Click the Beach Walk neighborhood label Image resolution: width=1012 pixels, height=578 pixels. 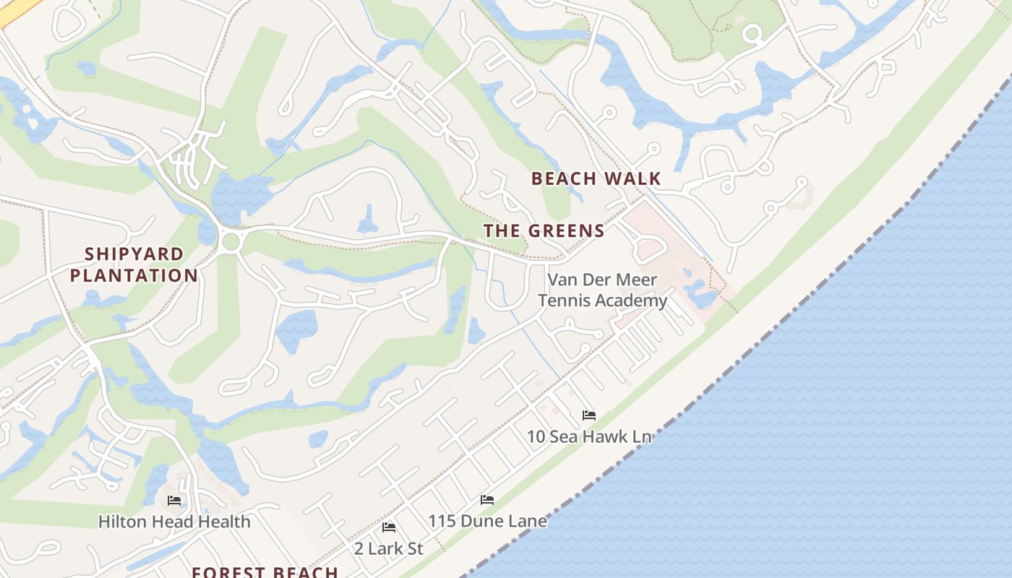pos(596,178)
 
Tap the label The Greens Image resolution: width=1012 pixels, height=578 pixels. pos(544,231)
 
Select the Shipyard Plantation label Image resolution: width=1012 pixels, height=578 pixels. pos(134,264)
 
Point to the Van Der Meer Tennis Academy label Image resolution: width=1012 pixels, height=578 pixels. pos(602,290)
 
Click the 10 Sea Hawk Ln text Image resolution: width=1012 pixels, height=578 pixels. pos(589,436)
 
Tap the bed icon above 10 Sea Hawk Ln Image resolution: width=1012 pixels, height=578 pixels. pos(589,415)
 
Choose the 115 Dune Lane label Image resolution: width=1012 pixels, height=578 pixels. pos(487,520)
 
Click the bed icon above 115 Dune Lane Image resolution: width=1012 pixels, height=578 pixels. pos(487,500)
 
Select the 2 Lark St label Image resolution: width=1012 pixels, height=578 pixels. pos(388,548)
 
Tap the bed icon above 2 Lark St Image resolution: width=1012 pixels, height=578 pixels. pos(388,527)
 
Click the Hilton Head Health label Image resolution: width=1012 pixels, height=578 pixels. pos(174,521)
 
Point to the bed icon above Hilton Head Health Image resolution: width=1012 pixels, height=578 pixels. pos(174,501)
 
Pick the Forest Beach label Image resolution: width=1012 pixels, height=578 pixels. pos(265,571)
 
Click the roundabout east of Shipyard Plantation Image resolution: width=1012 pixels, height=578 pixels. pos(231,241)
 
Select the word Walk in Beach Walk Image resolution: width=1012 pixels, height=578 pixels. pos(635,178)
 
